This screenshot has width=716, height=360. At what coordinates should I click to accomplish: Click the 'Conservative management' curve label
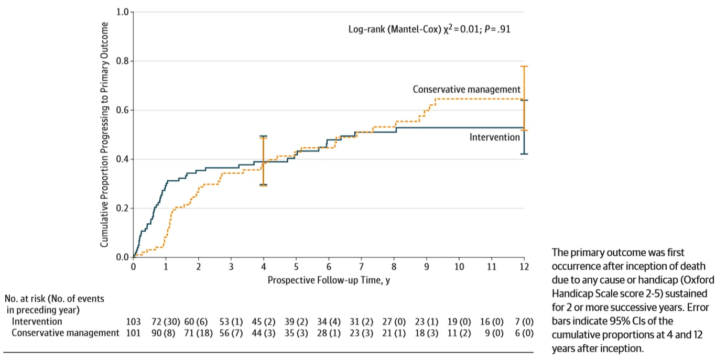467,90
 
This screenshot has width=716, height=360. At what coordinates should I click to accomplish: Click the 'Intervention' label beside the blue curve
494,137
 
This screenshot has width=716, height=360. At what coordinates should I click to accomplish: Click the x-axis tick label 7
361,267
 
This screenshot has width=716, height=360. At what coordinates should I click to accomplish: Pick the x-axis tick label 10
459,267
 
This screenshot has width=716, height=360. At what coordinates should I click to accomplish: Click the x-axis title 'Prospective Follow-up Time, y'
329,280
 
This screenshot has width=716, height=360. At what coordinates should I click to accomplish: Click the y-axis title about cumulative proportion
104,135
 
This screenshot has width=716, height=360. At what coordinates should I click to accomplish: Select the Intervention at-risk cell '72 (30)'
164,321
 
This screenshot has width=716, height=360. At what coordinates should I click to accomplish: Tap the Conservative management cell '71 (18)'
198,333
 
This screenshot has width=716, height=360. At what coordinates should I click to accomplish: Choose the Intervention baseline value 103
134,321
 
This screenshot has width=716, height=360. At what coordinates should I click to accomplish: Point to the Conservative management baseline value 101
134,333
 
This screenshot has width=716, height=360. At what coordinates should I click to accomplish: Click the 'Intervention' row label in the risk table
37,321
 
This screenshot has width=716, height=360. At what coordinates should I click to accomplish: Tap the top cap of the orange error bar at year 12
524,67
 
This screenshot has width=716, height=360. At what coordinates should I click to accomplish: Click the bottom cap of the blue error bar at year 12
524,154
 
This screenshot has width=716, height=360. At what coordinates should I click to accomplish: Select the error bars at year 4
263,160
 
